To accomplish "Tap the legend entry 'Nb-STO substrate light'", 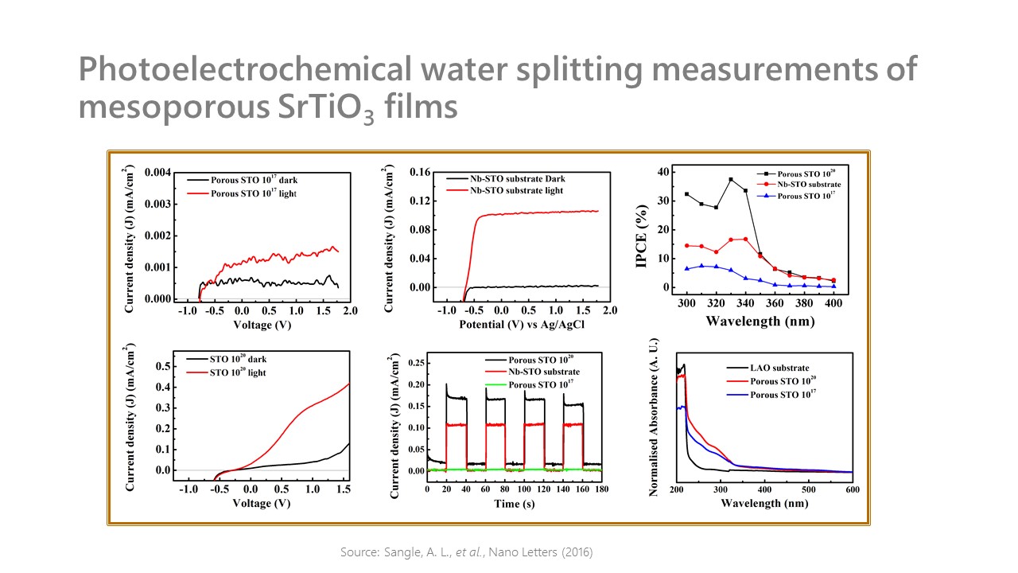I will [x=516, y=190].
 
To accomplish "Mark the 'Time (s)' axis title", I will [x=514, y=502].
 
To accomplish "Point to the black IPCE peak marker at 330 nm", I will [x=730, y=180].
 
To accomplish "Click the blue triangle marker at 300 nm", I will [x=686, y=268].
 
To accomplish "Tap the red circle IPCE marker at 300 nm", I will [x=686, y=246].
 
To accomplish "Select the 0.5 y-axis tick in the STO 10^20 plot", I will [x=163, y=366].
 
